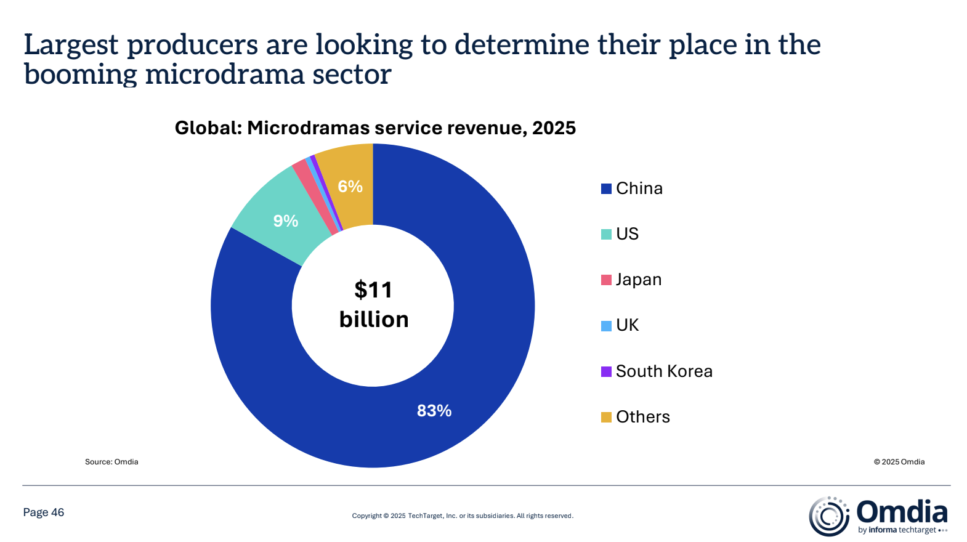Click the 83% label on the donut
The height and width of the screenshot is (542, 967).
[x=434, y=411]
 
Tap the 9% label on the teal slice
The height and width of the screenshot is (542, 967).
[x=286, y=221]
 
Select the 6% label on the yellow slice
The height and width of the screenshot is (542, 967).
[x=350, y=187]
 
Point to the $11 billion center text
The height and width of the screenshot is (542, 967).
[x=373, y=305]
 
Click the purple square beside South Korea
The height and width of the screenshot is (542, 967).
[x=606, y=371]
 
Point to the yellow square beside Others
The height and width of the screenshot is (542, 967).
[x=606, y=417]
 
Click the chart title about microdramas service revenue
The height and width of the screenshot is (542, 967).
[x=375, y=128]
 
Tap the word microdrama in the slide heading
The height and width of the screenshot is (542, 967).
[x=225, y=75]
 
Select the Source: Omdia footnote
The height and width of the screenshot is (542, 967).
[x=111, y=462]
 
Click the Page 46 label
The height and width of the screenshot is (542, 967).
[x=44, y=512]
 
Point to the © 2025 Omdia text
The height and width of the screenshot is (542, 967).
[x=899, y=462]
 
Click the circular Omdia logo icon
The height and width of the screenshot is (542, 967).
[x=829, y=516]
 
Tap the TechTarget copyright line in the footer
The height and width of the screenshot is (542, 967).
[x=463, y=516]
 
